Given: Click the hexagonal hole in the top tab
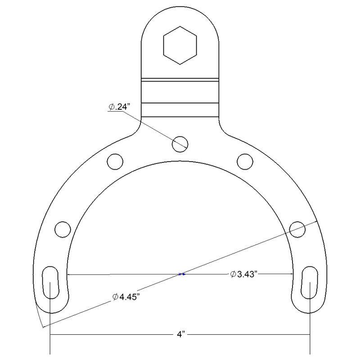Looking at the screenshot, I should [x=180, y=45].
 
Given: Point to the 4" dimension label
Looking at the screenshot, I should [x=180, y=335].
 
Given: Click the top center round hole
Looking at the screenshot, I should [x=180, y=144].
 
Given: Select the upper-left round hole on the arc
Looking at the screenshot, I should [x=115, y=161].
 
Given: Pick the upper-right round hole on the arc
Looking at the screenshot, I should [x=245, y=161].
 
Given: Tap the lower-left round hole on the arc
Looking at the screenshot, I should [x=63, y=229].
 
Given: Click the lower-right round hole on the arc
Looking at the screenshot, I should [x=297, y=229].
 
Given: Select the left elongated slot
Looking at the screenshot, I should [x=50, y=282].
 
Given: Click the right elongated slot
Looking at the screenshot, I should [x=310, y=282].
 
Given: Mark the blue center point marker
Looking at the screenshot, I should [x=181, y=274].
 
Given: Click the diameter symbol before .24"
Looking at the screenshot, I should [x=111, y=107].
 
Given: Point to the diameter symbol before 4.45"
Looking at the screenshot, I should [x=115, y=297].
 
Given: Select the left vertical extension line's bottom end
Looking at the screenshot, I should [x=50, y=353].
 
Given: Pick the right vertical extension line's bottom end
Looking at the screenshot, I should [x=310, y=353].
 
